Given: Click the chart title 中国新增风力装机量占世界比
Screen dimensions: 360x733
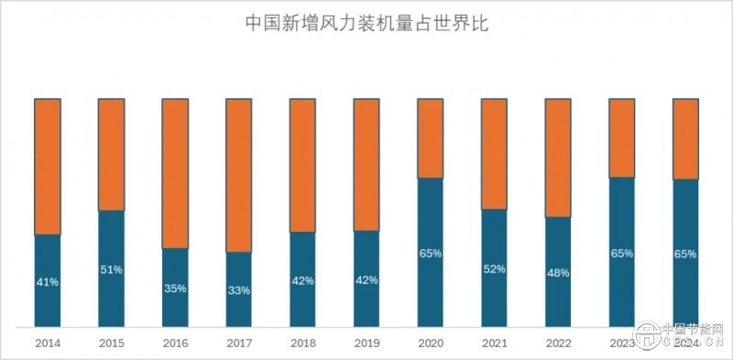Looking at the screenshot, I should pos(366,24).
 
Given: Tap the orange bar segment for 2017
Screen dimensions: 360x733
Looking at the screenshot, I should pos(239,174).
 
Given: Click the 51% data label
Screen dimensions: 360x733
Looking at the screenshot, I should pos(112,269).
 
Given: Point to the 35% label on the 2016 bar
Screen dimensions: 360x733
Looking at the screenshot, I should pos(175,288).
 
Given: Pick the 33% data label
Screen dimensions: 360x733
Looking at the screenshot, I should pos(239,290).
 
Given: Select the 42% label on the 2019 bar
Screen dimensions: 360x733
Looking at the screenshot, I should pos(366,280).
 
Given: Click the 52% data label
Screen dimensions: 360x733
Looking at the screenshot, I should pos(494,269).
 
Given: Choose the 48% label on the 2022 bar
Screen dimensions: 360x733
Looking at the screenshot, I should pos(558,273).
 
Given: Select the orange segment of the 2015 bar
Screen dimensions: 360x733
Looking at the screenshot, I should pos(112,154).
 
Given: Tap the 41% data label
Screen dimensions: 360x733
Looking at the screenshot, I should pos(48,282).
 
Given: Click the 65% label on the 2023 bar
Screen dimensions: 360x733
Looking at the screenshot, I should pos(622,254).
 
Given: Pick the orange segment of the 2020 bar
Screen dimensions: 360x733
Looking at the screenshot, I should pos(431,137).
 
